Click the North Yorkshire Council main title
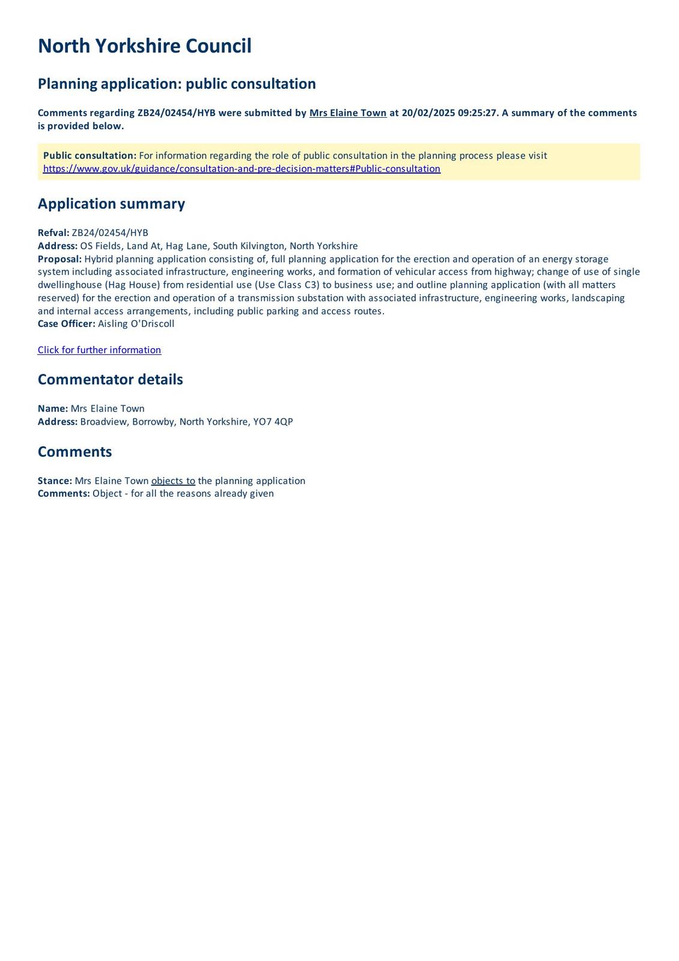point(144,46)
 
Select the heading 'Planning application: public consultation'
point(177,83)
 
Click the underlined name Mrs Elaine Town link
point(348,113)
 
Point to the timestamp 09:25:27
point(478,113)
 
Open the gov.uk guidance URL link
point(242,169)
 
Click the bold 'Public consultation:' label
point(90,156)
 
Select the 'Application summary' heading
point(111,204)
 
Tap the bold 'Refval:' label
point(53,233)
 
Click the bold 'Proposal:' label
point(59,259)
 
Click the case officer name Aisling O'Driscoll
point(136,324)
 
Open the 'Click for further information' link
point(99,350)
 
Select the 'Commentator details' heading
point(110,380)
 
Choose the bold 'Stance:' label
point(55,480)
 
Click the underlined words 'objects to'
point(173,480)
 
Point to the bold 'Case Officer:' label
point(66,324)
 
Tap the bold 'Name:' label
point(53,408)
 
